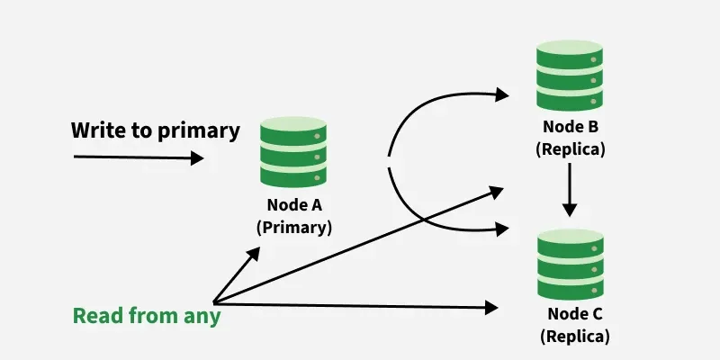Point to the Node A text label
tap(294, 202)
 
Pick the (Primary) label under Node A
tap(294, 228)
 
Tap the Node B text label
tap(570, 125)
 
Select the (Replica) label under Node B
tap(570, 149)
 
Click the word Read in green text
tap(95, 316)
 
